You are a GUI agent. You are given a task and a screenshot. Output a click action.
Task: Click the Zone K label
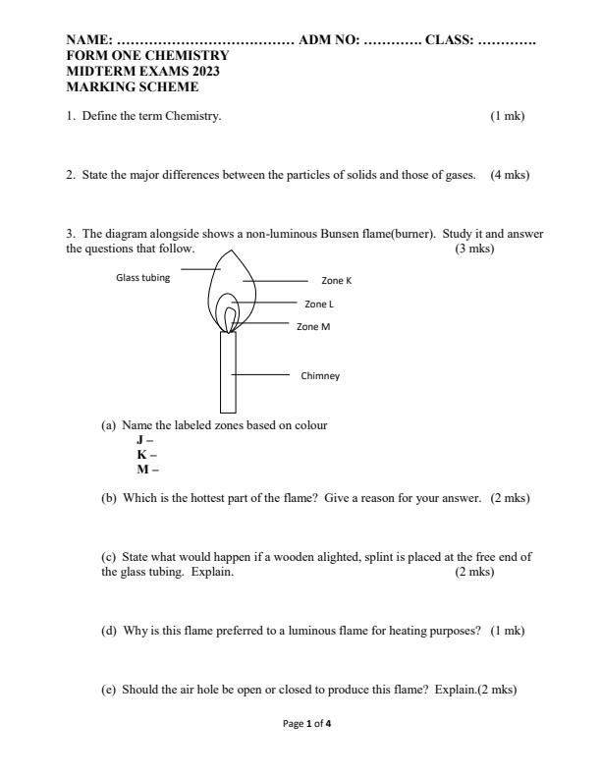(336, 281)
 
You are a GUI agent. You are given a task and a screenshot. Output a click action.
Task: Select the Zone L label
(320, 305)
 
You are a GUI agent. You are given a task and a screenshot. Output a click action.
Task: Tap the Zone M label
(313, 326)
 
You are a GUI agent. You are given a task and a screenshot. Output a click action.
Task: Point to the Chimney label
(320, 375)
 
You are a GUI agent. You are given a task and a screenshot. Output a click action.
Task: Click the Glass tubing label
(142, 277)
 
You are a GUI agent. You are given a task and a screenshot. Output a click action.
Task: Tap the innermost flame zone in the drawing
(230, 318)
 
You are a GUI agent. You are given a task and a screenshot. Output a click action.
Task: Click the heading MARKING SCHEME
(132, 86)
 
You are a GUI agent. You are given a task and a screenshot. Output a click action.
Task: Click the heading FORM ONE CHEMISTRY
(146, 56)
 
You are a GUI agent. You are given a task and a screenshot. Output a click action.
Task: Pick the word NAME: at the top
(88, 40)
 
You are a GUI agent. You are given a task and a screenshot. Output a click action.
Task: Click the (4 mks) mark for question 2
(510, 175)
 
